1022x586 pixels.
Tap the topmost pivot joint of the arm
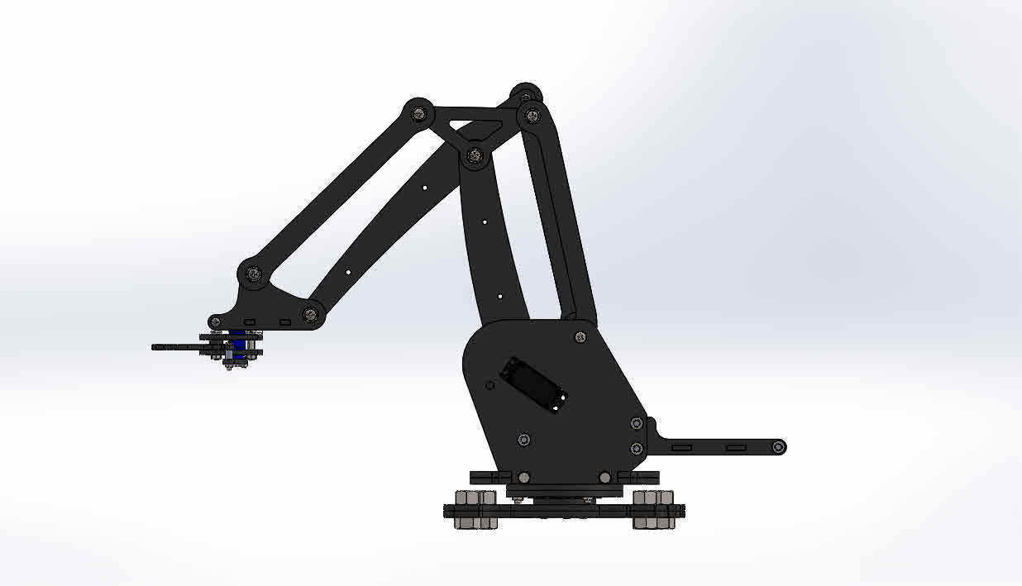click(526, 93)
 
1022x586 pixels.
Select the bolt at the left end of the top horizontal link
click(419, 112)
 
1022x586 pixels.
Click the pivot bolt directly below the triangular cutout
click(474, 155)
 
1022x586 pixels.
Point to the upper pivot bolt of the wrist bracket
click(253, 273)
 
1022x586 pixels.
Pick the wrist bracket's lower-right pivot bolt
click(311, 313)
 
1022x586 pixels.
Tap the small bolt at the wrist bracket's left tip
click(216, 322)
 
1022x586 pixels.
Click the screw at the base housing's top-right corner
click(580, 336)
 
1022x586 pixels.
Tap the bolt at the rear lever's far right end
click(778, 447)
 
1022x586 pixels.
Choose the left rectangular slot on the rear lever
click(681, 447)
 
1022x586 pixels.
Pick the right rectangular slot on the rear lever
click(734, 447)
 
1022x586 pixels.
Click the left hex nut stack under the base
click(475, 509)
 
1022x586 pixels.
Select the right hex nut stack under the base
click(652, 509)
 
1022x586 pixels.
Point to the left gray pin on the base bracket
click(523, 477)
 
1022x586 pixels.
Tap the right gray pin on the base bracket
click(604, 477)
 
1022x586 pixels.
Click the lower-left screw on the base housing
click(523, 439)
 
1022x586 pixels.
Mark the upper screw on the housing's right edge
click(636, 423)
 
